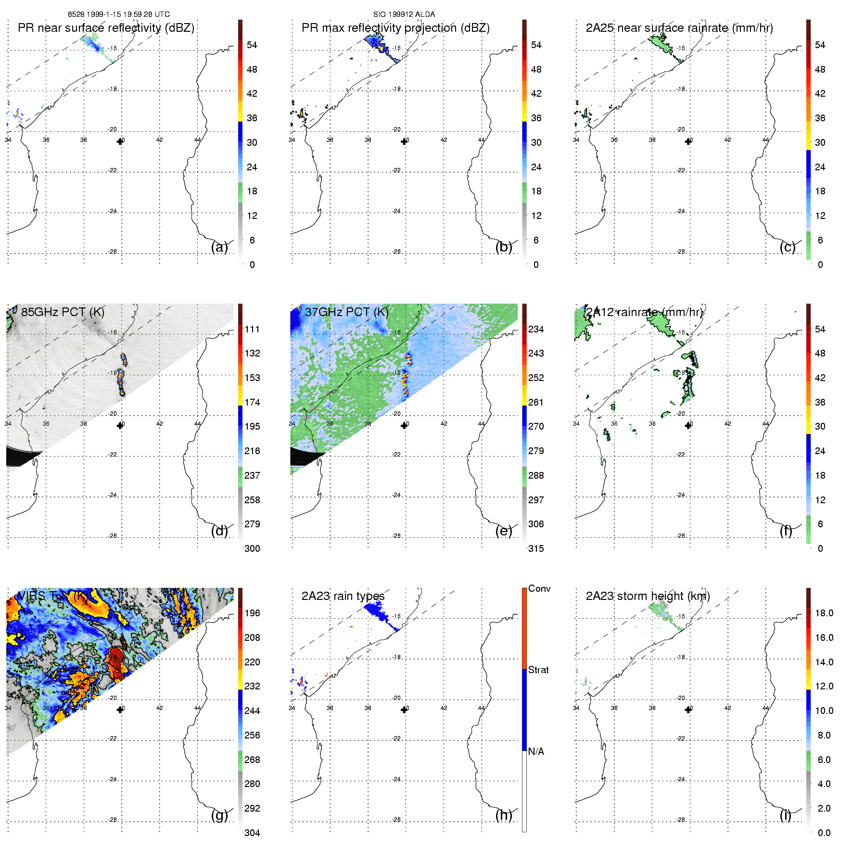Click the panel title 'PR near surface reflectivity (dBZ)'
click(106, 28)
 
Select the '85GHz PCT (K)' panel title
click(63, 312)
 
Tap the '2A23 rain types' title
click(343, 596)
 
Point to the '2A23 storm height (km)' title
click(648, 596)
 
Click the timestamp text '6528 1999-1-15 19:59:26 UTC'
click(119, 14)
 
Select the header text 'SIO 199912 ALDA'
click(404, 14)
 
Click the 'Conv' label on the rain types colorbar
click(539, 588)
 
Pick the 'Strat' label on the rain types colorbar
click(538, 670)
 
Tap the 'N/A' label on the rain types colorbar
click(536, 751)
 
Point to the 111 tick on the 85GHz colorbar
click(252, 329)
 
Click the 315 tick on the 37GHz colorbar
click(536, 548)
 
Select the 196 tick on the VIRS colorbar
click(252, 613)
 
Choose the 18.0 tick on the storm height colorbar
click(824, 613)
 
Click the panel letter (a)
click(219, 247)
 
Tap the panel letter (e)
click(504, 531)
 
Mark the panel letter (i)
click(786, 815)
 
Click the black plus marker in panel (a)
click(120, 141)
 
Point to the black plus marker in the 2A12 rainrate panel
click(688, 425)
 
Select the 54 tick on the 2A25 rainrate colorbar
click(820, 45)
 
